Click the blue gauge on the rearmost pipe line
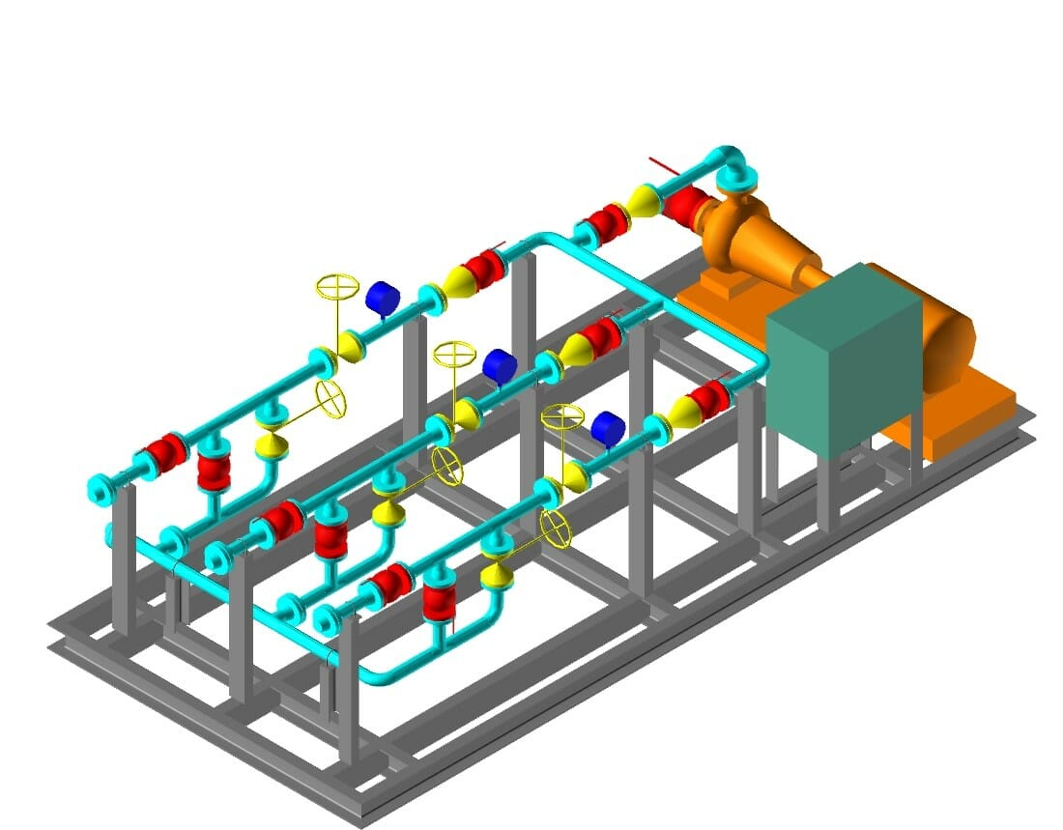382,298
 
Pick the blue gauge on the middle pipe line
499,365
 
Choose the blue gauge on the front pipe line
608,428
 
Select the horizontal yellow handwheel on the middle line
450,354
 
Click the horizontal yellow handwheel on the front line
562,418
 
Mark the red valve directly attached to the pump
687,205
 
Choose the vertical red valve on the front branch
439,600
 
